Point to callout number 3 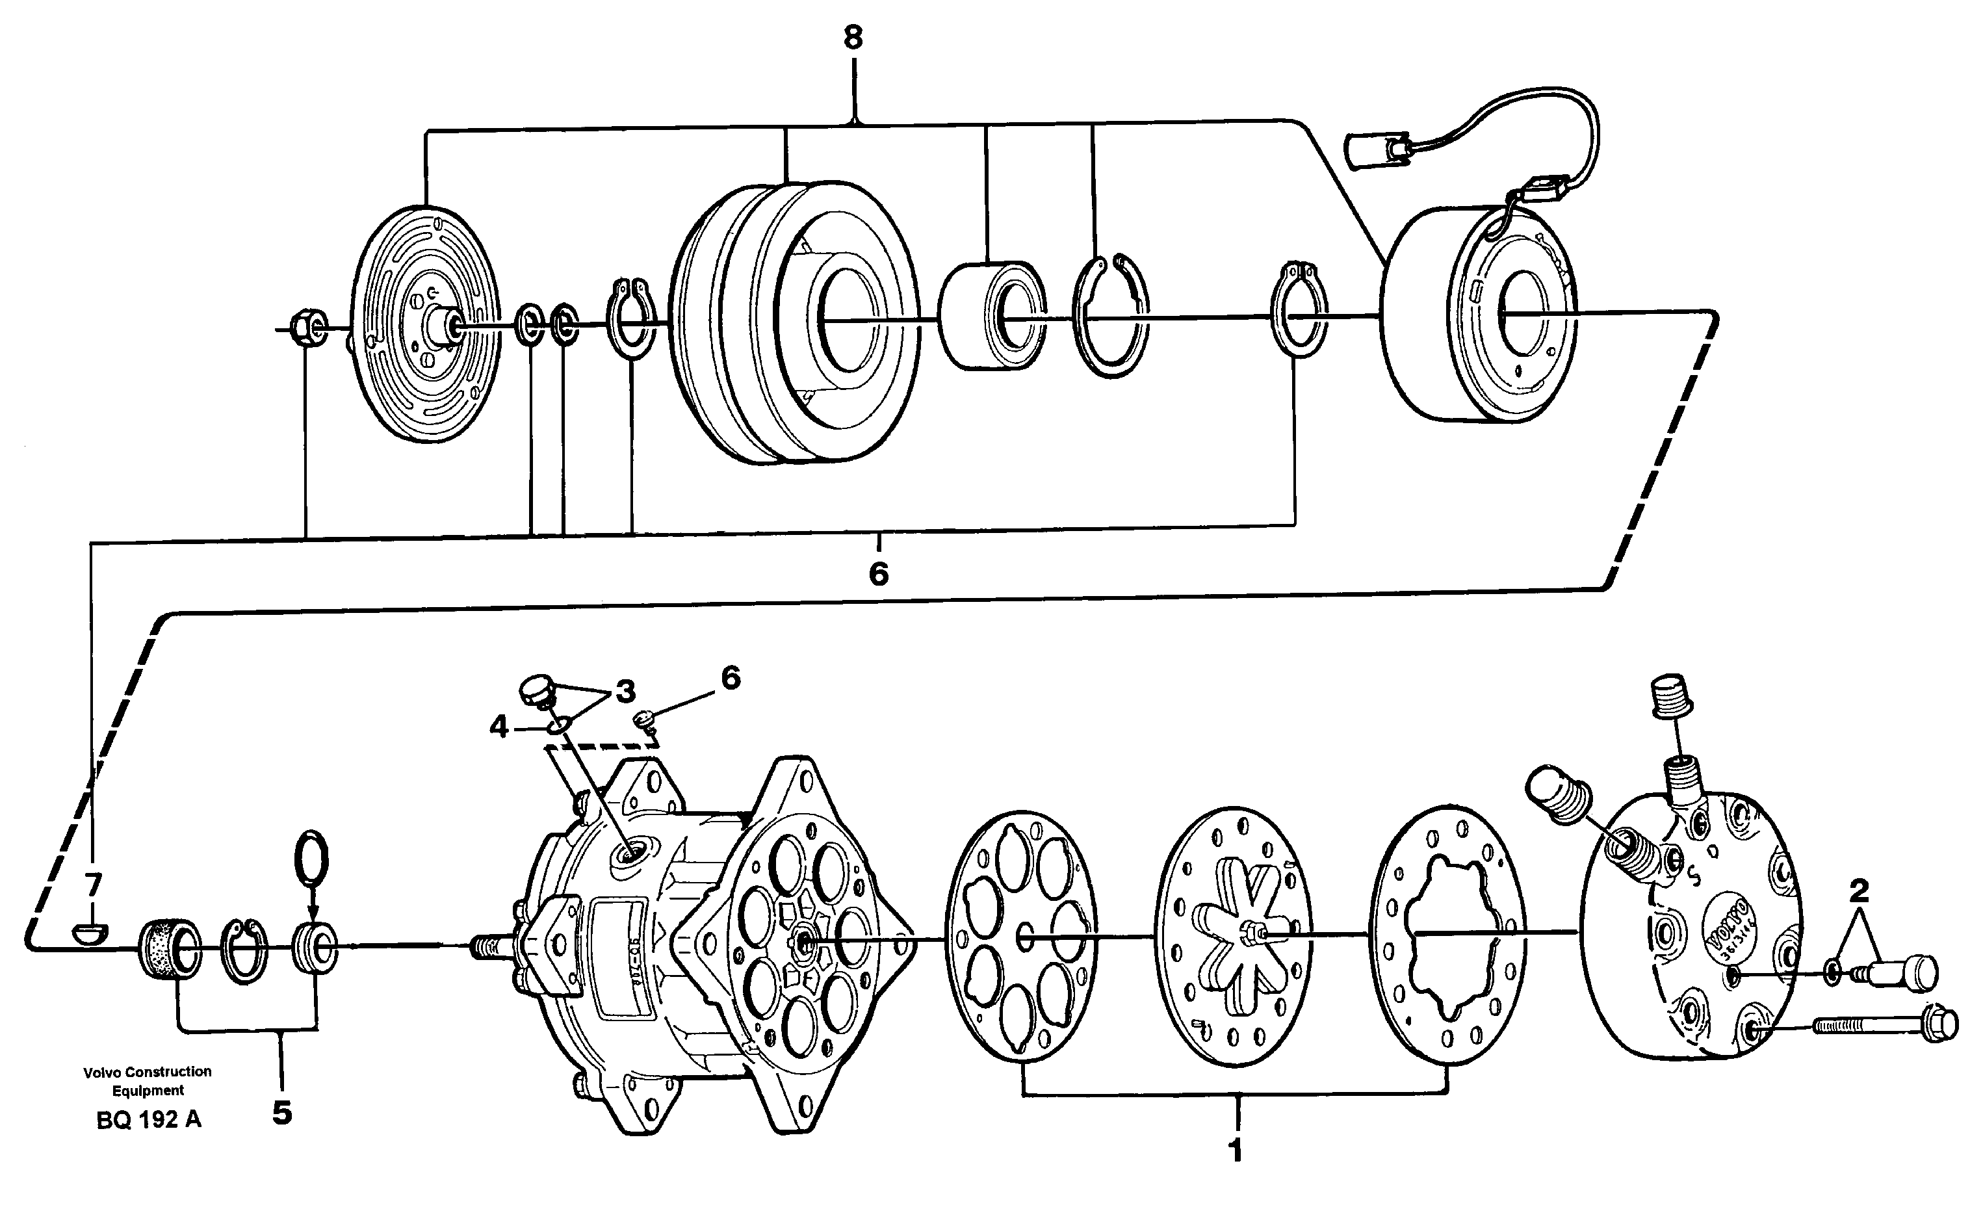(625, 692)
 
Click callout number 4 (499, 727)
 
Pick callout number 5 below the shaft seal (281, 1113)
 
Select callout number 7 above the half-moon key (93, 886)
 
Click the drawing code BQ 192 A (149, 1120)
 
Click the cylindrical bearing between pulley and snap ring (992, 315)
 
